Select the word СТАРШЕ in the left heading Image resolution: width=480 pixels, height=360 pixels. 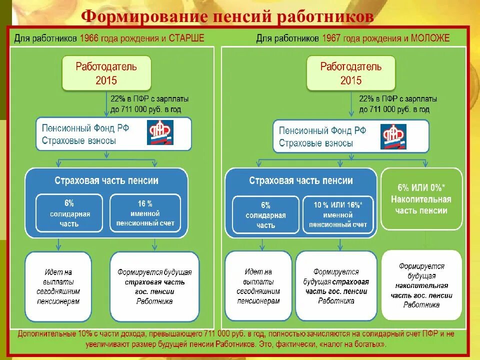click(187, 38)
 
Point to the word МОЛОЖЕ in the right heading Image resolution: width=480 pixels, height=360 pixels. click(430, 38)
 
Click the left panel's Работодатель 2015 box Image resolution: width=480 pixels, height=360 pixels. click(106, 73)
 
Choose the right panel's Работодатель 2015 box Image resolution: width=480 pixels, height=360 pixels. click(350, 73)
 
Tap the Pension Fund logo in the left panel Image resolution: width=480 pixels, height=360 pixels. click(160, 133)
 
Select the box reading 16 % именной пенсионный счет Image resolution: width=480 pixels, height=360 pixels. click(145, 213)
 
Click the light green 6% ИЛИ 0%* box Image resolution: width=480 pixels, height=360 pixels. click(421, 199)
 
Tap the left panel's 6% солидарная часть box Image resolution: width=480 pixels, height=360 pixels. click(69, 213)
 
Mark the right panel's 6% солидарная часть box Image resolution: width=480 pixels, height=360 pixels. click(265, 215)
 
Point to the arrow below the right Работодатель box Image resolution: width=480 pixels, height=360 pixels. click(350, 105)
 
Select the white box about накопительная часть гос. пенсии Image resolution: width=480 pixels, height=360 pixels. click(421, 285)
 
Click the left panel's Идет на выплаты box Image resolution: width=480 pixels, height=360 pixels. click(58, 287)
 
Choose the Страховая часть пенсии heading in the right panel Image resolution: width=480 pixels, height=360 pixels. click(301, 181)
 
